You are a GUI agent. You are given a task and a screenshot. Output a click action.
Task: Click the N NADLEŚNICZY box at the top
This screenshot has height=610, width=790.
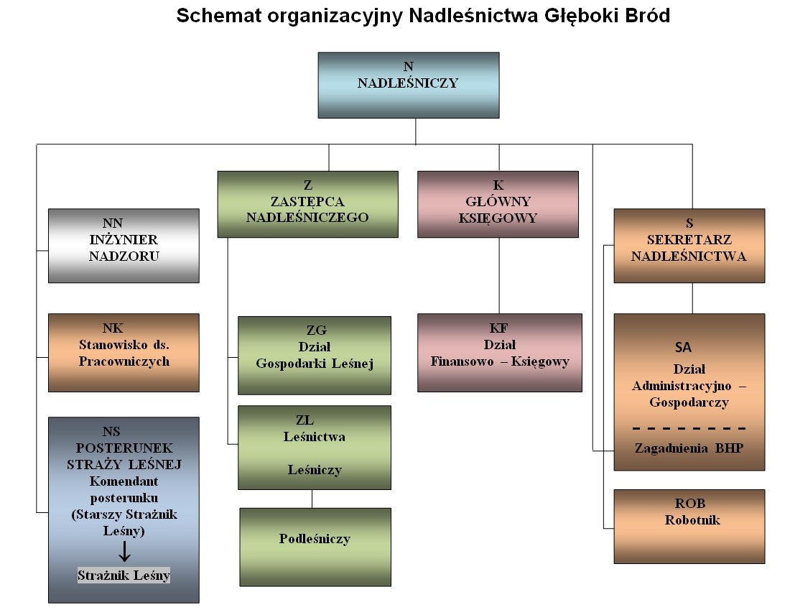tap(408, 85)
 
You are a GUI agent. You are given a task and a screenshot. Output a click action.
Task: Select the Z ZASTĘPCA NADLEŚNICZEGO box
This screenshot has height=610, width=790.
tap(307, 204)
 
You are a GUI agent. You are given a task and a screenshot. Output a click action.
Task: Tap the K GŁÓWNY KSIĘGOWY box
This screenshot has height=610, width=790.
tap(498, 204)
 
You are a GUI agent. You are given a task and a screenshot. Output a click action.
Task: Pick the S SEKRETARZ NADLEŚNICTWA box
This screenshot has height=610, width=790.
tap(689, 246)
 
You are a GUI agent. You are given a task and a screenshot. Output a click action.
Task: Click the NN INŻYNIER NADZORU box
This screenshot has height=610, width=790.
tap(124, 246)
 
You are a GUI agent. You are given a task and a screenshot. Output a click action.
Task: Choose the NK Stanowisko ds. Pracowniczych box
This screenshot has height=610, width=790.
tap(124, 352)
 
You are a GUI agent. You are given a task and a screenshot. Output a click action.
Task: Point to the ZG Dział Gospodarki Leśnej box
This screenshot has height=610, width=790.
tap(315, 355)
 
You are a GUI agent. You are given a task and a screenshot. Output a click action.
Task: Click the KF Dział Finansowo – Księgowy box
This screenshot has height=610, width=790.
tap(499, 352)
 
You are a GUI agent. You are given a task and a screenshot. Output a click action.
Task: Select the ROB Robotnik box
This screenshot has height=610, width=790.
tap(689, 526)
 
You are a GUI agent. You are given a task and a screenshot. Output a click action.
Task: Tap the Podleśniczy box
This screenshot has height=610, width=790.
tap(315, 546)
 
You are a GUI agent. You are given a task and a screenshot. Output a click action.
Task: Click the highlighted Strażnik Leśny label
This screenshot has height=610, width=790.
tap(124, 576)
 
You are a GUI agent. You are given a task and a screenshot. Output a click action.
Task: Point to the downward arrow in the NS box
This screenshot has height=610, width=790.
tap(124, 552)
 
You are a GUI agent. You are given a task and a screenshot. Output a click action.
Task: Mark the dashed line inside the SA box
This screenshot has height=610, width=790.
tap(689, 428)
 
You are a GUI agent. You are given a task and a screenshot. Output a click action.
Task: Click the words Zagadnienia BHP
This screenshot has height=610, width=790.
tap(689, 448)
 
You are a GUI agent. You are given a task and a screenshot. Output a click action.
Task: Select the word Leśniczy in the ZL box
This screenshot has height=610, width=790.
tap(315, 470)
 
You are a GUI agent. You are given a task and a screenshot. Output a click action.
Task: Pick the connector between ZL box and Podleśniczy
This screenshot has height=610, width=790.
tap(312, 499)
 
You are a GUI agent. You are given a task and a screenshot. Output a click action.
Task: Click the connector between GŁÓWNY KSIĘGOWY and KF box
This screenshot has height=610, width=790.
tap(498, 275)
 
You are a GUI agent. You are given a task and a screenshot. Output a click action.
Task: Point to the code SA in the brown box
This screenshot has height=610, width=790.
tap(683, 347)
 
